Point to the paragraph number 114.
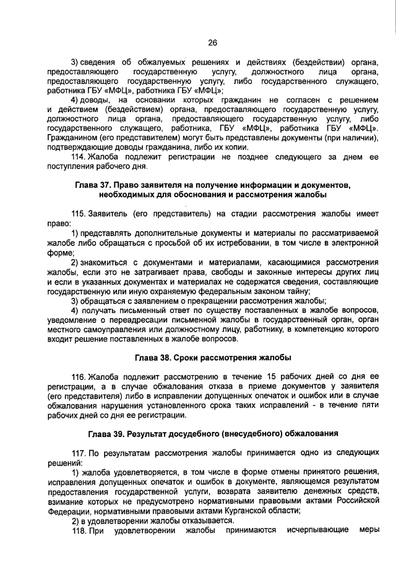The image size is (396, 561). click(x=79, y=157)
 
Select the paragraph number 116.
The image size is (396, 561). click(x=79, y=377)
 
